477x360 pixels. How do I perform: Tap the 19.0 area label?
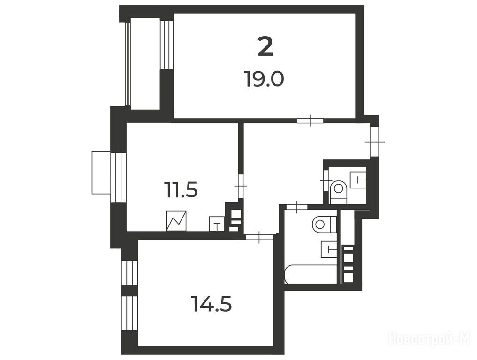click(265, 79)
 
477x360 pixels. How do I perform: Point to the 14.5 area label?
click(212, 304)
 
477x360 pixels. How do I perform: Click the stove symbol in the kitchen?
click(176, 221)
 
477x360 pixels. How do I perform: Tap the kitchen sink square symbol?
click(217, 224)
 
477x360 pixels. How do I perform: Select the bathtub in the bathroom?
click(310, 274)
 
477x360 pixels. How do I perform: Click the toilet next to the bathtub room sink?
click(324, 224)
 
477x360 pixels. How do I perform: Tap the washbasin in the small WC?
click(358, 180)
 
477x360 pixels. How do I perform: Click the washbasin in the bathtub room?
click(329, 249)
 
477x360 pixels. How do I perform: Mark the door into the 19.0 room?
click(310, 120)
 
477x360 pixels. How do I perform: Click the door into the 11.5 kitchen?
click(241, 186)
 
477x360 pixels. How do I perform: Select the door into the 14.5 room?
click(259, 237)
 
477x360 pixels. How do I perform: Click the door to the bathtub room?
click(296, 207)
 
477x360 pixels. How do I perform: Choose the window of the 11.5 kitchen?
click(118, 177)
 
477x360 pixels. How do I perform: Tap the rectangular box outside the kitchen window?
click(101, 172)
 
